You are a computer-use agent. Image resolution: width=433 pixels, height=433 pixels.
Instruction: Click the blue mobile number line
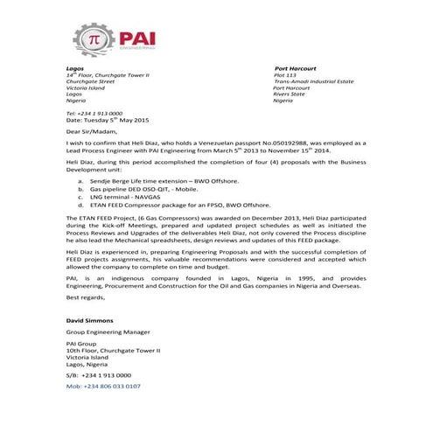(x=103, y=384)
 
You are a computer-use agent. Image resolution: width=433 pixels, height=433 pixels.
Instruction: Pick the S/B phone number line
(x=98, y=374)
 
